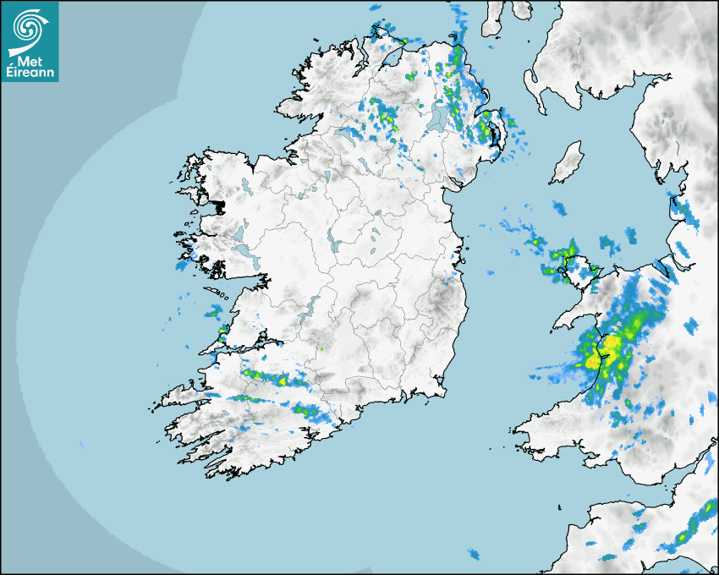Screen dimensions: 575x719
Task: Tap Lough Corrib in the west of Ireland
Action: (240, 233)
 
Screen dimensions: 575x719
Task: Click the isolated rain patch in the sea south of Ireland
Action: (474, 555)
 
